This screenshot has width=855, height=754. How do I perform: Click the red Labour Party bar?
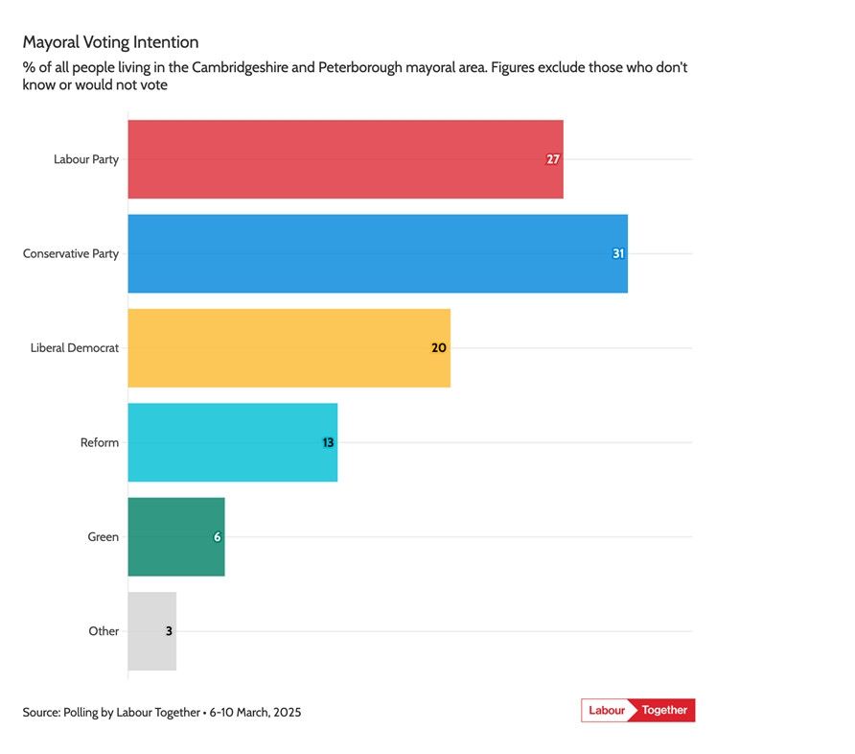(x=345, y=159)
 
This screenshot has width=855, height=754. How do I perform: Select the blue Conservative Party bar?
(x=377, y=253)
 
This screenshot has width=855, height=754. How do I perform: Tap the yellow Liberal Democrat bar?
(x=289, y=348)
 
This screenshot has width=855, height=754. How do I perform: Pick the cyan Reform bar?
(x=232, y=442)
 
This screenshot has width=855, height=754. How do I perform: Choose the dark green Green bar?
(x=175, y=537)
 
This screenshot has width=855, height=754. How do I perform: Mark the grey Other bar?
(x=151, y=631)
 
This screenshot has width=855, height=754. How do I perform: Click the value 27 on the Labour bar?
(x=552, y=159)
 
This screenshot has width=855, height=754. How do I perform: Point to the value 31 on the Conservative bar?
(x=618, y=254)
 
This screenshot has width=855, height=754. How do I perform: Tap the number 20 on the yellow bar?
(x=439, y=348)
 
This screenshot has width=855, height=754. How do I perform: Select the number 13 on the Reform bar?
(x=327, y=442)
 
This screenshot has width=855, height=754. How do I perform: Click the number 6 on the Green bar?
(x=217, y=537)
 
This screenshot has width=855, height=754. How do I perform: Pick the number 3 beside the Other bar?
(x=169, y=631)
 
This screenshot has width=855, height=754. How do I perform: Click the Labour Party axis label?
(x=86, y=159)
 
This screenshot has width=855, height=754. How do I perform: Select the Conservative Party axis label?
(x=71, y=254)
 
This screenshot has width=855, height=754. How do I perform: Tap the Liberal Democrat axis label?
(x=75, y=348)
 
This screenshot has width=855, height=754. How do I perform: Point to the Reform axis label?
(x=100, y=442)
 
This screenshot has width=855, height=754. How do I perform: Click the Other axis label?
(x=104, y=631)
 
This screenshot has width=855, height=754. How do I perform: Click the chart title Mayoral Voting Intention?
(x=110, y=42)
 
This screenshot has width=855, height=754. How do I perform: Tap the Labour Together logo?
(x=637, y=710)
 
